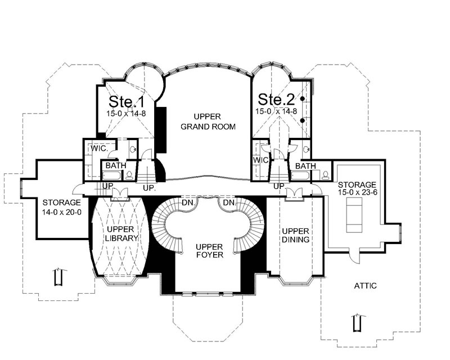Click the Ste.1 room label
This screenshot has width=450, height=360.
pyautogui.click(x=127, y=101)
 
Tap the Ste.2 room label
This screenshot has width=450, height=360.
pyautogui.click(x=276, y=100)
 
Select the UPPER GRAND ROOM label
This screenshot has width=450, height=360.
pyautogui.click(x=208, y=121)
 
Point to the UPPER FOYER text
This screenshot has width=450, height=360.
pyautogui.click(x=209, y=251)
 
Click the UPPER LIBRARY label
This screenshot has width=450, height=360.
pyautogui.click(x=121, y=233)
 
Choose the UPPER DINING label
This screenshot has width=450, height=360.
pyautogui.click(x=295, y=235)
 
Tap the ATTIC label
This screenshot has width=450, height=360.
pyautogui.click(x=365, y=286)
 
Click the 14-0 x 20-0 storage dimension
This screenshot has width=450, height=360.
pyautogui.click(x=62, y=213)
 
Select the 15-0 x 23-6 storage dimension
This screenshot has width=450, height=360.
pyautogui.click(x=357, y=192)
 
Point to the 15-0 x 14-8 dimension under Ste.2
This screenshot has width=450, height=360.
pyautogui.click(x=276, y=111)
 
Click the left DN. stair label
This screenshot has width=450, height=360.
pyautogui.click(x=188, y=203)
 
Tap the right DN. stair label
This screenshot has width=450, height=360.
pyautogui.click(x=229, y=203)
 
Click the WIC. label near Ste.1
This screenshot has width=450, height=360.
pyautogui.click(x=100, y=148)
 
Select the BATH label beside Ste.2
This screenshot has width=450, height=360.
pyautogui.click(x=305, y=166)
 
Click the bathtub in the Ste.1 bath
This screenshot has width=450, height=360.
pyautogui.click(x=112, y=175)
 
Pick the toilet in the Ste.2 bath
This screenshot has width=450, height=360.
pyautogui.click(x=326, y=175)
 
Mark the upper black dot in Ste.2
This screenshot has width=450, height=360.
pyautogui.click(x=302, y=99)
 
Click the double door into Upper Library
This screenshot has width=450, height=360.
pyautogui.click(x=119, y=193)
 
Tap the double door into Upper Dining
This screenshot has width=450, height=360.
pyautogui.click(x=293, y=193)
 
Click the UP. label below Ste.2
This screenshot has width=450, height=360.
pyautogui.click(x=279, y=187)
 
